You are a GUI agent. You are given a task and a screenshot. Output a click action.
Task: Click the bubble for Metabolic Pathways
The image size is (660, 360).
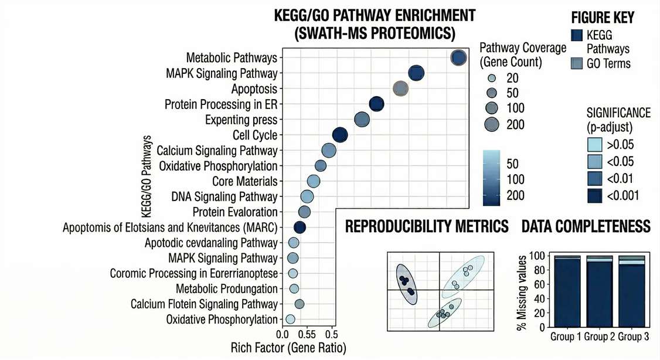[458, 57]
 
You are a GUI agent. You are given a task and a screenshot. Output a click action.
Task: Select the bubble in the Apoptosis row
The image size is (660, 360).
[400, 89]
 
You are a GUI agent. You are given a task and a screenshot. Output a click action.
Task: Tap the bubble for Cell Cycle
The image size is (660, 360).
[340, 135]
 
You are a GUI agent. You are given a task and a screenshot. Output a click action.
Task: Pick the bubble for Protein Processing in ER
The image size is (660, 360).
[377, 104]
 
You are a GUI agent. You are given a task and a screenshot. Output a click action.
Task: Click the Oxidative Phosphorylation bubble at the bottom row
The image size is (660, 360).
[290, 320]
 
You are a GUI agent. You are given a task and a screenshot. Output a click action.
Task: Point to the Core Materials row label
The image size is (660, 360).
[244, 181]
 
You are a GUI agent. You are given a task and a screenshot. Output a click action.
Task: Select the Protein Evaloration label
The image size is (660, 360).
[235, 212]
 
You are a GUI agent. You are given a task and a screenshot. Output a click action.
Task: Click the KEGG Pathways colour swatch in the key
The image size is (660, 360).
[577, 36]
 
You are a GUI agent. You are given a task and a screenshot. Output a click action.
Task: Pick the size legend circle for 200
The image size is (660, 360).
[492, 124]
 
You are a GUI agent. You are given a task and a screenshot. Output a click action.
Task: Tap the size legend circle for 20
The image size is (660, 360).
[492, 78]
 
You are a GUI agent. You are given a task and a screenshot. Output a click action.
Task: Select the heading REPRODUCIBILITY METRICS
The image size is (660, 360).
[427, 226]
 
